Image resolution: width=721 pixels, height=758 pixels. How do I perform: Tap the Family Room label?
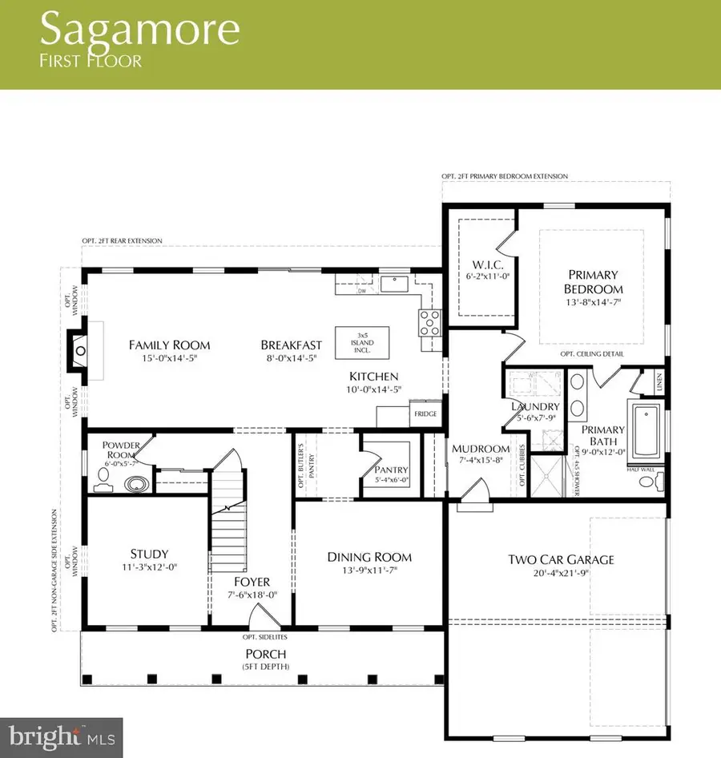coord(170,345)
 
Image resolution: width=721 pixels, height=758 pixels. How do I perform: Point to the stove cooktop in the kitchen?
coord(428,322)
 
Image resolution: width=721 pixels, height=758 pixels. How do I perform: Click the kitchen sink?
coord(395,283)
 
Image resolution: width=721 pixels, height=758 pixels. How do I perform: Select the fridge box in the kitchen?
coord(423,414)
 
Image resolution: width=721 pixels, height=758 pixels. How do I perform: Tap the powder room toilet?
coord(101,478)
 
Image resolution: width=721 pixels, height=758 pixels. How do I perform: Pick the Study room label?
coord(149,554)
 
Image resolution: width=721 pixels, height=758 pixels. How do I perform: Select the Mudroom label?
coord(481,449)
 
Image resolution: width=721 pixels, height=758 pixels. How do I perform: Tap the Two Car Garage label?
coord(561,558)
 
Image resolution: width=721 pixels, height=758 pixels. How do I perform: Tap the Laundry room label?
coord(530,406)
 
